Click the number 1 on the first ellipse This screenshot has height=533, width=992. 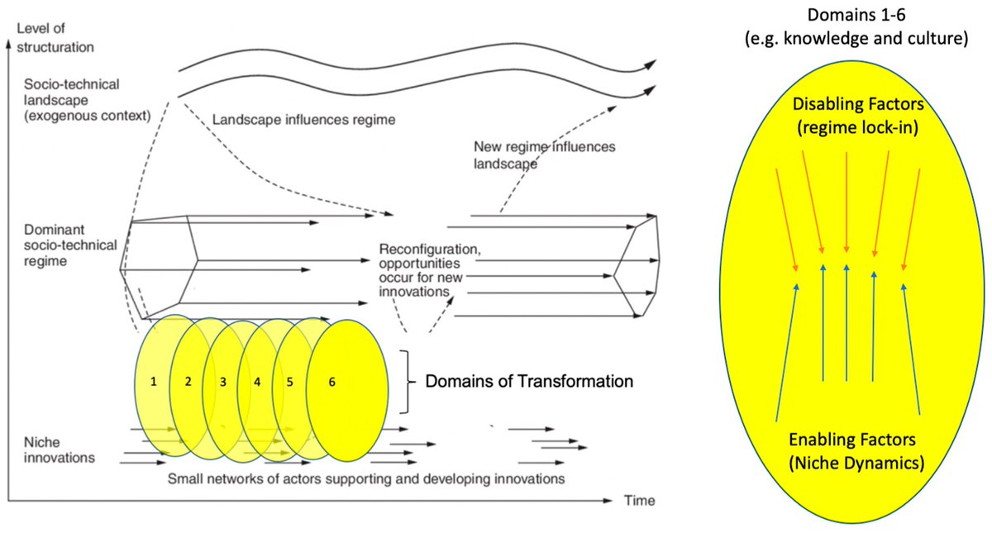tap(154, 382)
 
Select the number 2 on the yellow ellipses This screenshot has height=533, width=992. tap(188, 382)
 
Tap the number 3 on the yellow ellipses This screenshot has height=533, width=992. tap(223, 382)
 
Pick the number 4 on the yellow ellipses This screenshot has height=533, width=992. tap(257, 382)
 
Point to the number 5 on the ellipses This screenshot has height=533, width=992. tap(290, 382)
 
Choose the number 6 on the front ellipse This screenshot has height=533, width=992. tap(331, 382)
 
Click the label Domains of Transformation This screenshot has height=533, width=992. tap(529, 382)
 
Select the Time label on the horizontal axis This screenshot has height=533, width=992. tap(640, 501)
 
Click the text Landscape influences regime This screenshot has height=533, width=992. tap(304, 120)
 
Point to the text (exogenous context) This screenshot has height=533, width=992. tap(87, 115)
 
